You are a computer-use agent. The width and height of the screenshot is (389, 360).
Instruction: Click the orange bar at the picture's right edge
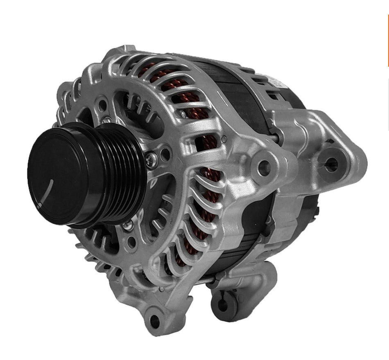click(x=387, y=41)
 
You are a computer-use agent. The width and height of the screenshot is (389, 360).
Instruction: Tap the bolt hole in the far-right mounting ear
click(x=331, y=164)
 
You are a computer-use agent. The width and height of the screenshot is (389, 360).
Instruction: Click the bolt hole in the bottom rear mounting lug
click(x=224, y=302)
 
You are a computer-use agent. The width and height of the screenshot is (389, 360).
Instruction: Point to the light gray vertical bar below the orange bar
click(x=388, y=104)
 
